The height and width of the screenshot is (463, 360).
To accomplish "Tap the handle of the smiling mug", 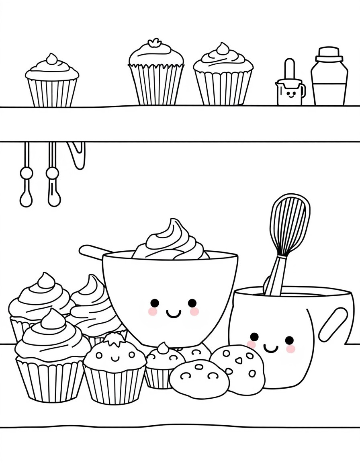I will coord(333,324).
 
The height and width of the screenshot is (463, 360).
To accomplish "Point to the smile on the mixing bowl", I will coord(174,313).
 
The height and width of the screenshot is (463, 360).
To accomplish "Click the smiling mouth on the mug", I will coord(270,348).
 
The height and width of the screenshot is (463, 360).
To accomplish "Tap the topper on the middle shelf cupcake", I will coord(155,43).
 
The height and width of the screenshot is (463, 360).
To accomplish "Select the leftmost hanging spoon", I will coord(26,177).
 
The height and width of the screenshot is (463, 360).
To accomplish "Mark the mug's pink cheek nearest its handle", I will coord(290,349).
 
